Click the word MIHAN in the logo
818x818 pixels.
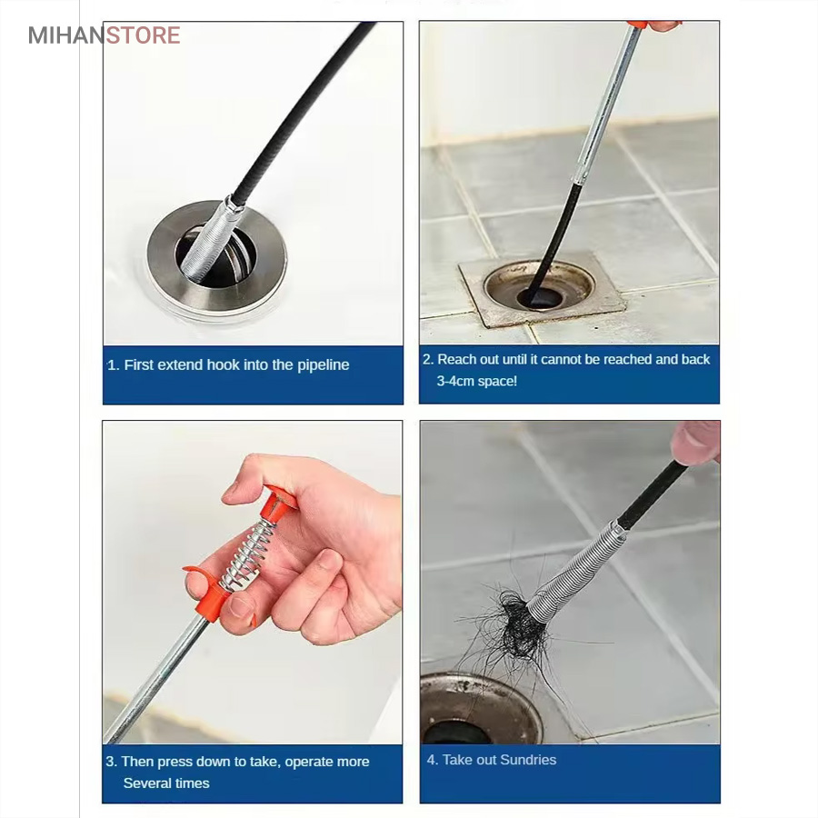tap(66, 35)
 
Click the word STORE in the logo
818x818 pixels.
tap(143, 35)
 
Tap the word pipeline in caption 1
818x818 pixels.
tap(323, 365)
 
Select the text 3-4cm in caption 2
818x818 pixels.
tap(454, 382)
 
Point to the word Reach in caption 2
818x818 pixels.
tap(456, 359)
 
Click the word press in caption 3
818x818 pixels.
tap(175, 763)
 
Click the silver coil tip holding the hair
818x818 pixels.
tap(574, 573)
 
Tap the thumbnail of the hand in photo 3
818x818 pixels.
tap(242, 608)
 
